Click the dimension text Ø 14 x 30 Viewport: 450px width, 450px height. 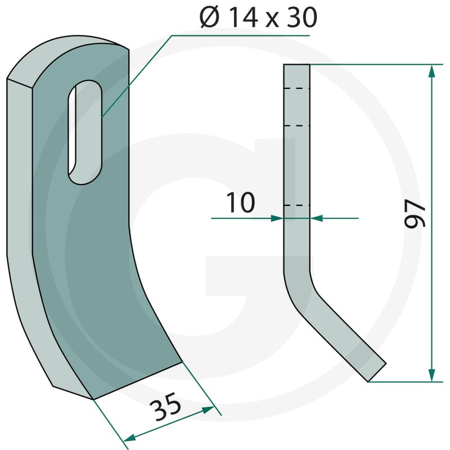[258, 18]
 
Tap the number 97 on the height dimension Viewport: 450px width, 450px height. [415, 214]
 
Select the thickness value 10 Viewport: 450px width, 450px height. [241, 202]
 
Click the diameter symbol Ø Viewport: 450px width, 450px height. [209, 18]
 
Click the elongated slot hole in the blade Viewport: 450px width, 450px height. [85, 132]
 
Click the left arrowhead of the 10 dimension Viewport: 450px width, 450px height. [277, 218]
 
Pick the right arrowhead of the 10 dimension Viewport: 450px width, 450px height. [316, 218]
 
